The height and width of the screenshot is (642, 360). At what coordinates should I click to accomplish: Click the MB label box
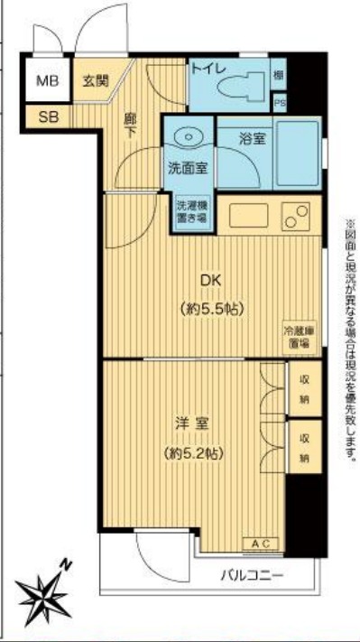(x=46, y=81)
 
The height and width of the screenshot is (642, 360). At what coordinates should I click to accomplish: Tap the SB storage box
(x=46, y=116)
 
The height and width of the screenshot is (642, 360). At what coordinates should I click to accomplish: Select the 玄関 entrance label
(x=95, y=80)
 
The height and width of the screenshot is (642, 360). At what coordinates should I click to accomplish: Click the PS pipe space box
(x=280, y=102)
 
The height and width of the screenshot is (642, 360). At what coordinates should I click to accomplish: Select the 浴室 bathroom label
(x=252, y=139)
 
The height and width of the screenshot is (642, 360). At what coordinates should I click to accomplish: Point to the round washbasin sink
(x=189, y=137)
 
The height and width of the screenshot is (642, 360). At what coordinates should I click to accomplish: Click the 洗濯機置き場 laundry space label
(x=191, y=211)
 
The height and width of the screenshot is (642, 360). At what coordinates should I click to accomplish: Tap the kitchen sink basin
(x=247, y=216)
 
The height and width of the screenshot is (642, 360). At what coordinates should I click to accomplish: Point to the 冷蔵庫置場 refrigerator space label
(x=299, y=336)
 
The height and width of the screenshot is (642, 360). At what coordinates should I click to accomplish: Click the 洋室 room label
(x=194, y=423)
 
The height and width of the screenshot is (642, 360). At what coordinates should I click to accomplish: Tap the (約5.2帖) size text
(x=194, y=451)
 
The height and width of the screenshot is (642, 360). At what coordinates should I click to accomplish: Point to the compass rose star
(x=42, y=591)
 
